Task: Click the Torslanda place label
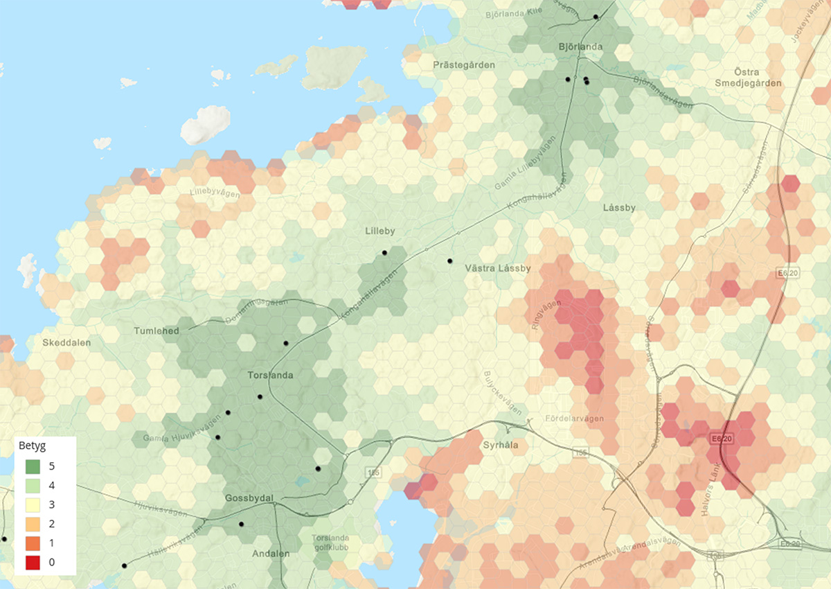click(270, 376)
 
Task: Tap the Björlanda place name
click(580, 47)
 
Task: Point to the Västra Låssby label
click(498, 268)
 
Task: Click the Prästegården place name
click(464, 64)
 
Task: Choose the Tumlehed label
click(157, 331)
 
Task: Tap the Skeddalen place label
click(66, 343)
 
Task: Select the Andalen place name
click(271, 554)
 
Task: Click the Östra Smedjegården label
click(749, 78)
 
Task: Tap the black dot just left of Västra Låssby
click(449, 261)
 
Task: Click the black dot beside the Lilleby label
click(384, 253)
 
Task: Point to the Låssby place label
click(619, 207)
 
